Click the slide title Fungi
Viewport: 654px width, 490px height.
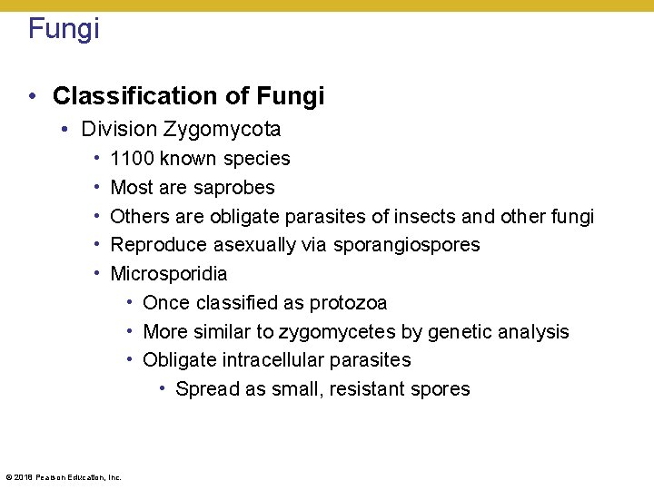pos(64,28)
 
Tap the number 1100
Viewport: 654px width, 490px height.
pos(132,159)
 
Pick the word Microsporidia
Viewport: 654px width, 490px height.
pos(169,273)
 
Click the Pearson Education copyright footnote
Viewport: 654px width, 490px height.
pos(63,476)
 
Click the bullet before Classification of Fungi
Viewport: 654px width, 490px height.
pos(33,96)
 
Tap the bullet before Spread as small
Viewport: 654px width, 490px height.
pos(162,388)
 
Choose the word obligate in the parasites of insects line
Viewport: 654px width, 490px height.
pos(245,216)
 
